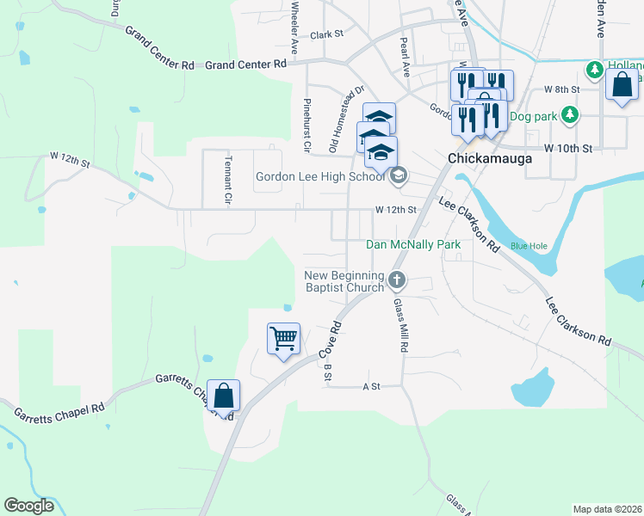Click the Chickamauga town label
[489, 159]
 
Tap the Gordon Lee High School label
[319, 177]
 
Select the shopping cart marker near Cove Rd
[283, 339]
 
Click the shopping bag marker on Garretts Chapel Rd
[224, 396]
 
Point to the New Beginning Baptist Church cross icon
[397, 279]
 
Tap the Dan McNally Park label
[413, 245]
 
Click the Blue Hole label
[529, 246]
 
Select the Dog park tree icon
[569, 114]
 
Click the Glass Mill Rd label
[399, 325]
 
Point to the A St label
[371, 387]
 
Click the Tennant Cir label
[228, 179]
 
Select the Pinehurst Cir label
[306, 126]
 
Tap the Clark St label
[327, 35]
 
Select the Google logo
[28, 506]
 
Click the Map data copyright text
[607, 509]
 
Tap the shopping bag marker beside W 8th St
[622, 86]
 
